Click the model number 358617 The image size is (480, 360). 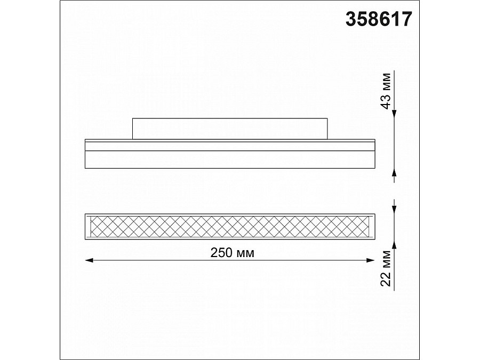(379, 19)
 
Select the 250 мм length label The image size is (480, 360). (229, 253)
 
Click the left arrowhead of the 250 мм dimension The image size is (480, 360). (89, 260)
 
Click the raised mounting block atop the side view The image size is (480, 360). (229, 129)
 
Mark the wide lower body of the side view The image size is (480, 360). (229, 159)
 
